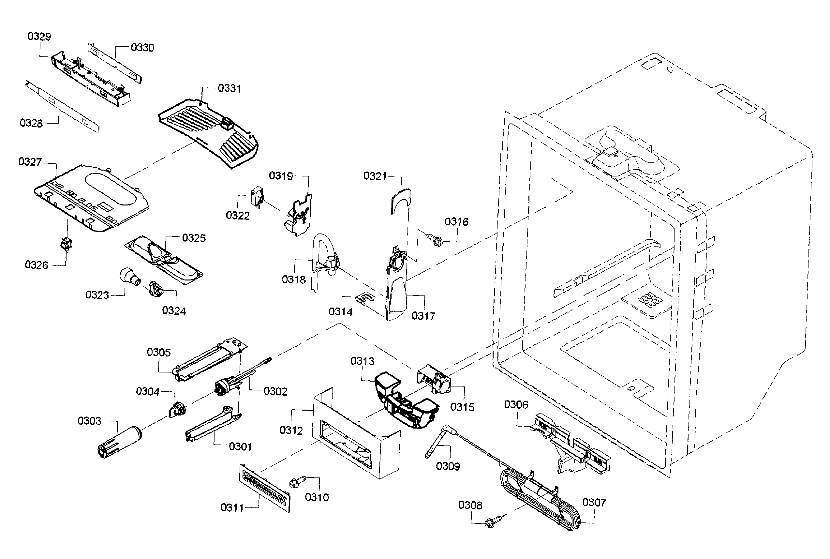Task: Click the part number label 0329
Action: tap(39, 36)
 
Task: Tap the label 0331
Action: tap(229, 88)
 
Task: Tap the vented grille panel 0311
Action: tap(264, 488)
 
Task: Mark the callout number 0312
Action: tap(291, 430)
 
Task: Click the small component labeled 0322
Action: tap(257, 197)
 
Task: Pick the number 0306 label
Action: tap(516, 405)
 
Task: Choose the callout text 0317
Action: tap(423, 316)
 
